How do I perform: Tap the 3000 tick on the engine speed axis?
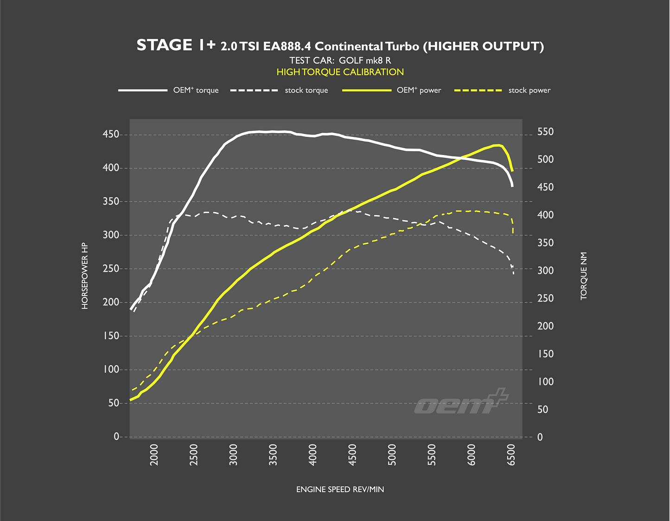(x=233, y=454)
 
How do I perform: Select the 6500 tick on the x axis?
(x=511, y=454)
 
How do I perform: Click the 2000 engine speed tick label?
(x=154, y=454)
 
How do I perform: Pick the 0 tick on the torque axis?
(x=540, y=437)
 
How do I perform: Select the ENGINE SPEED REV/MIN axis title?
(x=340, y=489)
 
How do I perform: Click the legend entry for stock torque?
(x=306, y=90)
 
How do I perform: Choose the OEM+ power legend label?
(x=419, y=90)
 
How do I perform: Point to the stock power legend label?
(x=529, y=90)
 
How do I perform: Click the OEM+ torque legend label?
(x=196, y=90)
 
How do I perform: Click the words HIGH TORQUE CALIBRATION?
(x=340, y=72)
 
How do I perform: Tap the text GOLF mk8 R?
(x=365, y=60)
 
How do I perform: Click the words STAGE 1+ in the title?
(x=176, y=45)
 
